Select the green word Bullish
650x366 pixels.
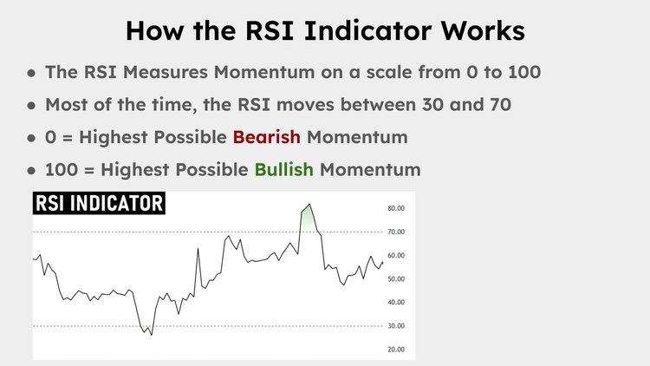coord(283,168)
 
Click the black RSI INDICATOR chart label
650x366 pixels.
coord(98,204)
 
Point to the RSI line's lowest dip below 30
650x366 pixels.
coord(151,334)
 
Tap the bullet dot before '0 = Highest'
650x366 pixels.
coord(32,137)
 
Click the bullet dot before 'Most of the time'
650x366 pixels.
coord(32,105)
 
